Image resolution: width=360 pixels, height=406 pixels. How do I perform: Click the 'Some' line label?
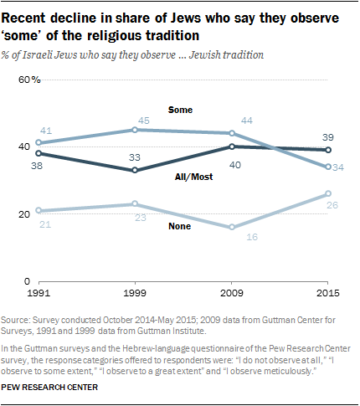[x=180, y=110]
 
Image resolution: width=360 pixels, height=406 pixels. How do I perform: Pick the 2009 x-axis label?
[x=231, y=295]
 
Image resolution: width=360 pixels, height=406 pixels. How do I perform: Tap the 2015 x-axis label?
[x=327, y=295]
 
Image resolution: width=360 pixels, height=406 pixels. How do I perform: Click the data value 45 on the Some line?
[x=143, y=118]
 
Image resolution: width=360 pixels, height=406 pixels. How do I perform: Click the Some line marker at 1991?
[x=39, y=143]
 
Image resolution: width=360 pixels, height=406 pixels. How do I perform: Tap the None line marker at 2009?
[x=231, y=227]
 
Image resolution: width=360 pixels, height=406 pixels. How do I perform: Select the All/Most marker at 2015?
[x=327, y=150]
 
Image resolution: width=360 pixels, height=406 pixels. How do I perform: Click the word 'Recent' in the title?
[x=32, y=17]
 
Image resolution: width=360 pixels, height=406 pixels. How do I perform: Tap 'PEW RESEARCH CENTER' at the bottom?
[x=54, y=388]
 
